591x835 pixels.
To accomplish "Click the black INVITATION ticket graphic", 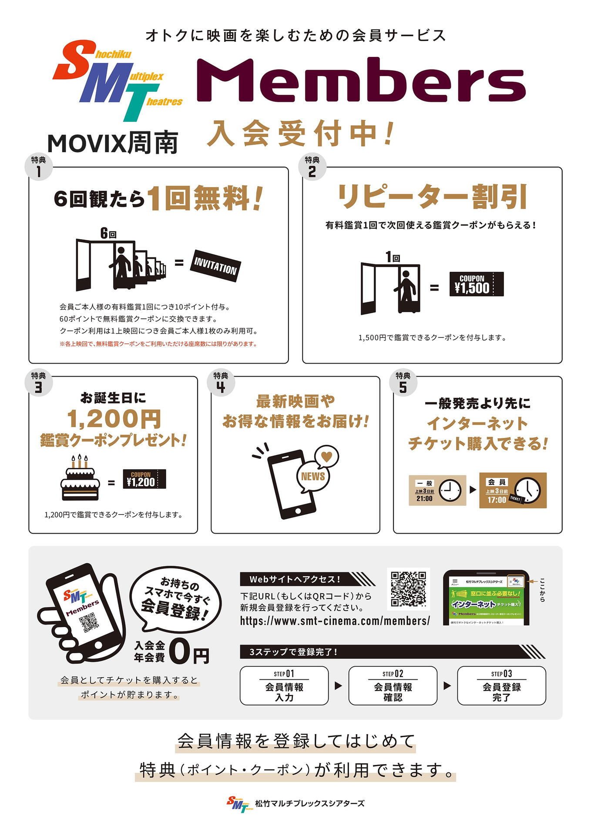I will (x=215, y=266).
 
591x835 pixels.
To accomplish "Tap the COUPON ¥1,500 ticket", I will (x=476, y=284).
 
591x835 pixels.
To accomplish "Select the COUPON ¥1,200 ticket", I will (x=144, y=479).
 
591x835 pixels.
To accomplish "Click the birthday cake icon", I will (x=80, y=478).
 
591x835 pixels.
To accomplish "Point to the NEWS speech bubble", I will (x=313, y=476).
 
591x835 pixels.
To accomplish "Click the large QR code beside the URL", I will (x=408, y=589).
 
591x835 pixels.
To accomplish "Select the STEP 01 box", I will (x=284, y=685).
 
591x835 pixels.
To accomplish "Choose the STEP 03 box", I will (x=501, y=685).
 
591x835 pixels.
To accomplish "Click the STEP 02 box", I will (x=393, y=685).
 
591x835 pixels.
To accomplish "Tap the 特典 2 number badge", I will (x=312, y=167).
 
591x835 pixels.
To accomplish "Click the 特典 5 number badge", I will (x=403, y=383).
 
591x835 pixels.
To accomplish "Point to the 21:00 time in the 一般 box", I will (x=424, y=498).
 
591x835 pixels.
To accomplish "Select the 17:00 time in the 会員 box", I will (x=497, y=500).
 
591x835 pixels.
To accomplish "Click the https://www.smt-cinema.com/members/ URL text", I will (x=335, y=621).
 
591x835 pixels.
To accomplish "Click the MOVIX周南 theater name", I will (x=113, y=143).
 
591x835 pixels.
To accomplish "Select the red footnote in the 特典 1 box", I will (x=158, y=344).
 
